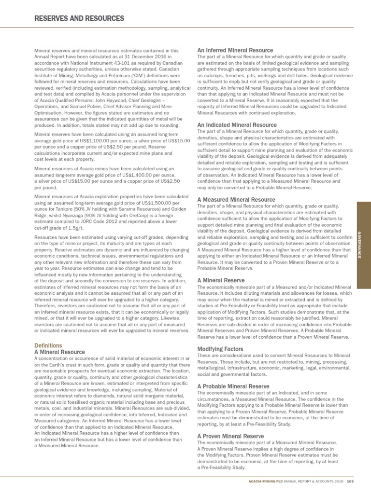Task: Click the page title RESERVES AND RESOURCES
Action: [80, 18]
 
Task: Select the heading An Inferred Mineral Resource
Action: [235, 50]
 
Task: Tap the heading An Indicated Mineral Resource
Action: [237, 125]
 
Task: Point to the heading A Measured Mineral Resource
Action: [236, 200]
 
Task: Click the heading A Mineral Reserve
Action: [221, 280]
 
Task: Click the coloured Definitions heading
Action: [49, 345]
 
